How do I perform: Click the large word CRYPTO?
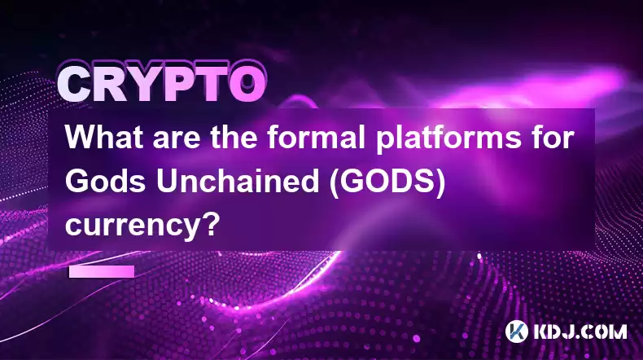(162, 83)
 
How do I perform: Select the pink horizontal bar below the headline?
(102, 271)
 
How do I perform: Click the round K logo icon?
(516, 331)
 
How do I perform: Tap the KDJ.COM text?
(580, 331)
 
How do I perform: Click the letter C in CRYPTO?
(75, 84)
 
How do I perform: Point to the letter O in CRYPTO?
(247, 84)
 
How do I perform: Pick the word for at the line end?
(558, 138)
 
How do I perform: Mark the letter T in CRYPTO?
(211, 84)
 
